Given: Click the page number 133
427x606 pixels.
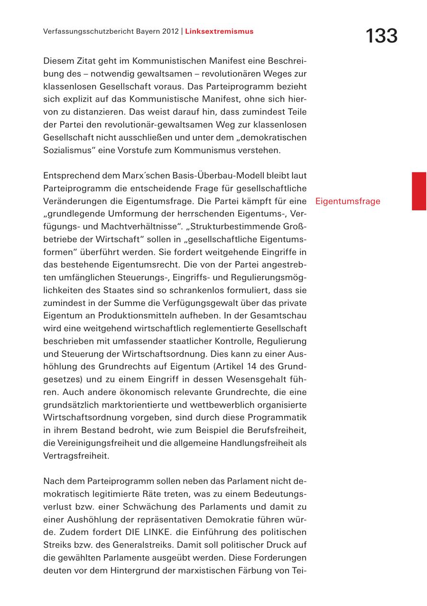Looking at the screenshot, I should click(381, 36).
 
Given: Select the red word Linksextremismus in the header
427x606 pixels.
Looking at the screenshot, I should click(219, 32).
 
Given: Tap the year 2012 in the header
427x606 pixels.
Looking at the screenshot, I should click(169, 32).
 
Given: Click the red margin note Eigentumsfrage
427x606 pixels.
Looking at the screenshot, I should click(348, 201).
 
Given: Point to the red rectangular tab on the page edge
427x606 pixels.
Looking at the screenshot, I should click(418, 191).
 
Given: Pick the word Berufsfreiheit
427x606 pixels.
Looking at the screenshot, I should click(278, 431).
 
